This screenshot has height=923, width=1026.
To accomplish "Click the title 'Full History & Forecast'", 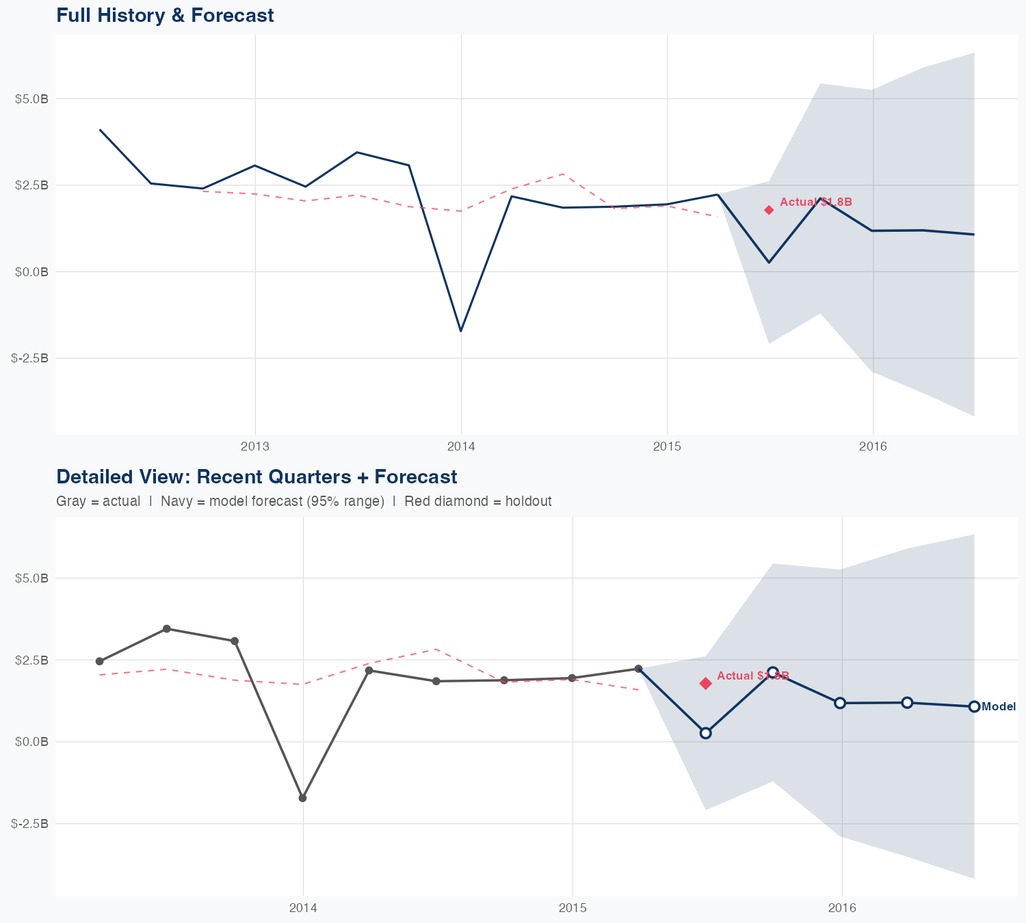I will (165, 15).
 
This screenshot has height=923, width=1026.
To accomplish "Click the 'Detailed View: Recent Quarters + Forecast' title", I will (256, 477).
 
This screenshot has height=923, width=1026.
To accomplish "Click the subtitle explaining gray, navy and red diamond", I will (304, 501).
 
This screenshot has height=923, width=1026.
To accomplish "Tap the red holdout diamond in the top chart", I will (769, 210).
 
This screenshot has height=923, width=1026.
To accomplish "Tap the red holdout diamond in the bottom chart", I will (705, 683).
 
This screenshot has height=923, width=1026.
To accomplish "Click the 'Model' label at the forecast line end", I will (999, 707).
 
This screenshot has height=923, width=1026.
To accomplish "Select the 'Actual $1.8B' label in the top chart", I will (816, 202).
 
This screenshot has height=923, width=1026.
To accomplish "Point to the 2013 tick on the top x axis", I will (255, 446).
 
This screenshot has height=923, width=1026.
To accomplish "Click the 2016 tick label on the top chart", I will (873, 446).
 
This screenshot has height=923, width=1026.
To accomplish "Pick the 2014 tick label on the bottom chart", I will (303, 908).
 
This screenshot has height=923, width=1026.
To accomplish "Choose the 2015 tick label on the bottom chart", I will (573, 908).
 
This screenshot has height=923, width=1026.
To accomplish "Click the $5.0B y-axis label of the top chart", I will (31, 99).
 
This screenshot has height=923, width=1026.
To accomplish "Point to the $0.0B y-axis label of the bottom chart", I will (31, 742).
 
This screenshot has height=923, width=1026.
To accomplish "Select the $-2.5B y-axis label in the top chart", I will (30, 358).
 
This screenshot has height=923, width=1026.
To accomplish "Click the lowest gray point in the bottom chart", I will (302, 798).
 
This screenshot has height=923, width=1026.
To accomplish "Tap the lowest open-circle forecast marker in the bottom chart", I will (706, 733).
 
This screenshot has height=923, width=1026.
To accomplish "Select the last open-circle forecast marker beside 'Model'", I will (974, 706).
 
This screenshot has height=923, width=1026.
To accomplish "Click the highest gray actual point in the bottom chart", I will (166, 629).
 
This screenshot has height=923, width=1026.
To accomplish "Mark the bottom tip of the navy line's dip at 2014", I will (461, 331).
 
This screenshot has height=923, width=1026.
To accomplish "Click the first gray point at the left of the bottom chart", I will (99, 661).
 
